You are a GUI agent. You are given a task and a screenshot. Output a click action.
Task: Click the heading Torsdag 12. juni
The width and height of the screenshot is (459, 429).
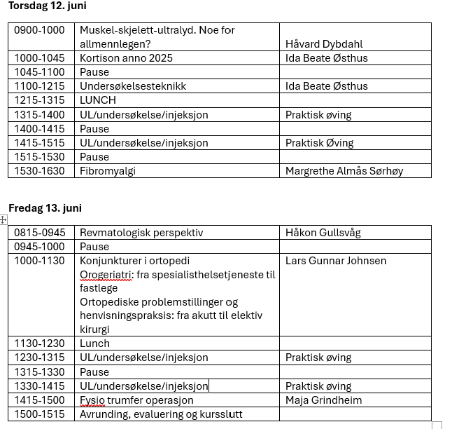[x=47, y=6]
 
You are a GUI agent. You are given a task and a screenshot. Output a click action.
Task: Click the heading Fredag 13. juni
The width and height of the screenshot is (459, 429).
[x=45, y=207]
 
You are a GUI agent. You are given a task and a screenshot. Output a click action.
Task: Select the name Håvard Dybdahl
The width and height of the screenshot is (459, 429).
[x=324, y=44]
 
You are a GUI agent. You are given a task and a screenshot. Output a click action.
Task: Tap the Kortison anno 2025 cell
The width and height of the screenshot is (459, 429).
[x=126, y=58]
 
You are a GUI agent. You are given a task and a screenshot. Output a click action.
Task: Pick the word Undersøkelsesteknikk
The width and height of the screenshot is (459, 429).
[x=133, y=86]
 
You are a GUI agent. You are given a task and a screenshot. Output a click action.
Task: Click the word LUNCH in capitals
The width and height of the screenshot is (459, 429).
[x=98, y=100]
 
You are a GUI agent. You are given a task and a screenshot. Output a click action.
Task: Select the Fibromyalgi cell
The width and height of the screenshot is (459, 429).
[x=108, y=170]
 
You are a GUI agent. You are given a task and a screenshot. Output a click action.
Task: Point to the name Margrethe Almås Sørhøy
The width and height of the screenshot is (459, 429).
[x=344, y=170]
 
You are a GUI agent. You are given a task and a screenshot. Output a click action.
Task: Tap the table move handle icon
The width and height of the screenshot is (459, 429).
[x=3, y=219]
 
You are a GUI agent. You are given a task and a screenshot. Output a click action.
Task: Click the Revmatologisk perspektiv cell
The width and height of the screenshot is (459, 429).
[x=141, y=233]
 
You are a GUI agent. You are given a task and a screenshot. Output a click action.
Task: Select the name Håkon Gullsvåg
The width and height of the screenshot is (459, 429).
[x=323, y=233]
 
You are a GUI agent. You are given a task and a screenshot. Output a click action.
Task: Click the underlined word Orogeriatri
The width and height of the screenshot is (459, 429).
[x=105, y=275]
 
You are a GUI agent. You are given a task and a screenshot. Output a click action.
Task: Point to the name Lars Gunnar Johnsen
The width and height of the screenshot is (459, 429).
[x=336, y=261]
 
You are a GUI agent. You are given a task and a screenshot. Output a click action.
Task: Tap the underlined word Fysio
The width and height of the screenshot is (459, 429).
[x=92, y=400]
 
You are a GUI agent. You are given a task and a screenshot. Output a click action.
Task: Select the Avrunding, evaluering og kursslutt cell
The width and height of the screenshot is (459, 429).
[x=161, y=414]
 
